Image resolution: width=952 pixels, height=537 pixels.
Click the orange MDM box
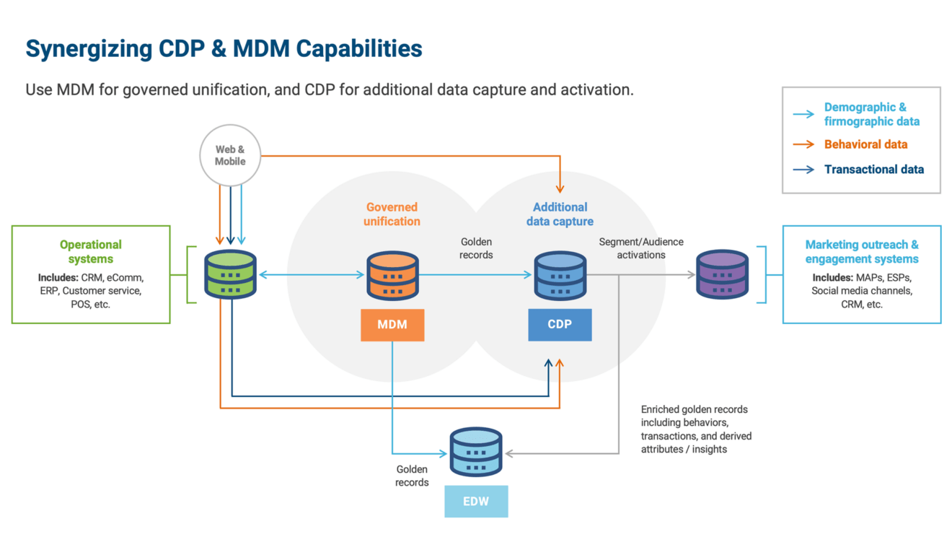[x=392, y=325]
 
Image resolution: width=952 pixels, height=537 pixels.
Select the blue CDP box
[x=560, y=325]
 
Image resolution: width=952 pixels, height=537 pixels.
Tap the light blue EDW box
[x=476, y=501]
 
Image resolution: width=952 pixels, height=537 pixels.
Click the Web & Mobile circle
[x=230, y=156]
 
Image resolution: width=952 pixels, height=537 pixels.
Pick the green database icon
[x=231, y=274]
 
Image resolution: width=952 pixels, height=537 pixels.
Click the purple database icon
[x=722, y=274]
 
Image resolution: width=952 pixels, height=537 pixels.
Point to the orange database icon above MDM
[x=392, y=275]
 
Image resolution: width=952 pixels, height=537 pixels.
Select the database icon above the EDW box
[x=476, y=452]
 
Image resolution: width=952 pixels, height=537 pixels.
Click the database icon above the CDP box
[x=560, y=275]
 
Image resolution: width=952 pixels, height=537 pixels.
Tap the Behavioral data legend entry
[x=865, y=144]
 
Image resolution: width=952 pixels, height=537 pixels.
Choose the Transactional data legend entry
[x=873, y=170]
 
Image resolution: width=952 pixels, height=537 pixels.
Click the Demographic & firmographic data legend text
[x=871, y=114]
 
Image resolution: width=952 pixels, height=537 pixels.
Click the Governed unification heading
[x=392, y=214]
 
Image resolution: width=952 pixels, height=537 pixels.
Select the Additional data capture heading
[x=560, y=214]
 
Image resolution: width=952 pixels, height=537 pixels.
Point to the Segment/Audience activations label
[x=641, y=248]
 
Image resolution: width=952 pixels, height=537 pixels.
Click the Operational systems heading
[x=91, y=252]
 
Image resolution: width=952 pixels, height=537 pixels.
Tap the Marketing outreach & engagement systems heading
[x=862, y=252]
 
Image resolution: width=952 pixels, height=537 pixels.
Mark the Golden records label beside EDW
[x=412, y=476]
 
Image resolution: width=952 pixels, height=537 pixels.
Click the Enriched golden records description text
[x=696, y=429]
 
